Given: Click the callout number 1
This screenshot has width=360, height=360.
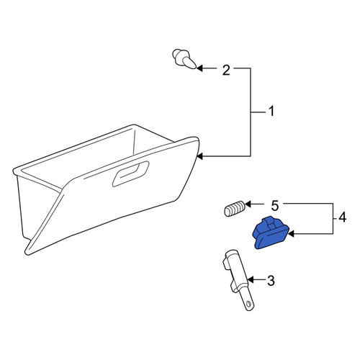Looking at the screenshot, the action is (271, 112).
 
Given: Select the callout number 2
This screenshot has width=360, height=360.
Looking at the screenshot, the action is (226, 71).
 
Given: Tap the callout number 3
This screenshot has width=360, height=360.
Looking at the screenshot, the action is (271, 280).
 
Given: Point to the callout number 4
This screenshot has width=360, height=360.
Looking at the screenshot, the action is (342, 217).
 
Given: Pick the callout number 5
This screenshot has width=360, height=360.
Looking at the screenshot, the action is (274, 206).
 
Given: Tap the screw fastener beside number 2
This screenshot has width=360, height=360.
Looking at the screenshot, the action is (185, 59).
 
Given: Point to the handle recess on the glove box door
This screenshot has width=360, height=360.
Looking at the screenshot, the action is (131, 174).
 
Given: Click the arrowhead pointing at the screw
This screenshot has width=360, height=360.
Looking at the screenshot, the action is (199, 68).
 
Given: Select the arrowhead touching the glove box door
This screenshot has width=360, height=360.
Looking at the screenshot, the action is (199, 156).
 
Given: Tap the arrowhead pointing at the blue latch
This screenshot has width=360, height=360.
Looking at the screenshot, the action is (291, 233).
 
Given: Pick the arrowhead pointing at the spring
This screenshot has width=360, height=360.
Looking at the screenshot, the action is (248, 204).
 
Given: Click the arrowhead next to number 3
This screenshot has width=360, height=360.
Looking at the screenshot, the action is (251, 280).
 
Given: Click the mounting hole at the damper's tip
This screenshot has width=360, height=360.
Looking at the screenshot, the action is (249, 304).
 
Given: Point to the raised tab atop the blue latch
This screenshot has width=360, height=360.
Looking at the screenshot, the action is (271, 221).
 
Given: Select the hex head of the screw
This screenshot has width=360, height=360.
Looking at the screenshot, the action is (178, 55).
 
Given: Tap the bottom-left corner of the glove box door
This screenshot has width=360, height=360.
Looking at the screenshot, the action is (26, 253).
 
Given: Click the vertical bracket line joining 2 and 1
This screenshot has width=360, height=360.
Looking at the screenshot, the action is (251, 112).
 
